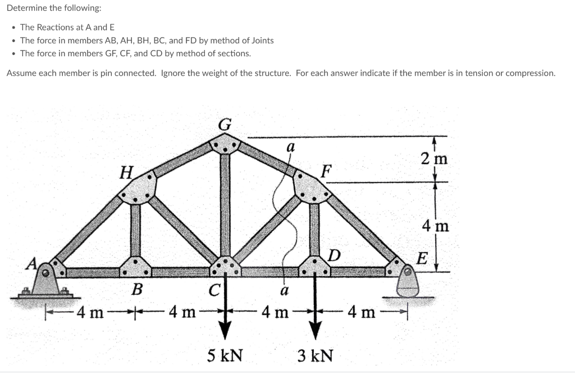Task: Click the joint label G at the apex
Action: tap(224, 125)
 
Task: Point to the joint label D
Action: tap(334, 256)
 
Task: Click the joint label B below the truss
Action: tap(136, 290)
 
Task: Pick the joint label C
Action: tap(214, 290)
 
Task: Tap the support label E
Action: tap(422, 259)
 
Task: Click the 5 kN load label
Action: tap(225, 355)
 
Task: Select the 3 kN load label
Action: tap(315, 355)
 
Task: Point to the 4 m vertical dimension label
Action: tap(435, 226)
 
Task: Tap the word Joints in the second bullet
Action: tap(262, 40)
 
